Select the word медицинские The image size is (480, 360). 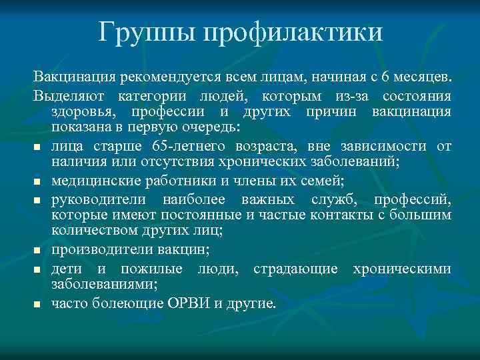pyautogui.click(x=91, y=179)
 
